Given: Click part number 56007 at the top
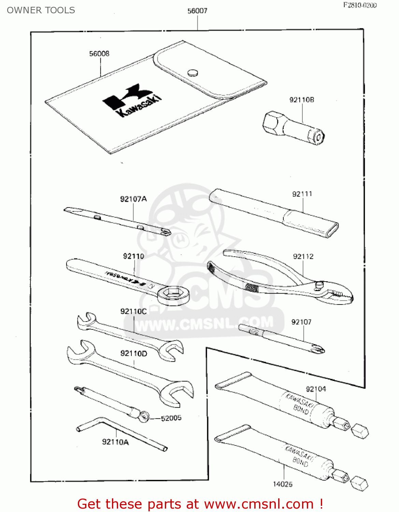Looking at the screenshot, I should click(x=197, y=11).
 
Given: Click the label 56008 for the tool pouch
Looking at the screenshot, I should click(x=99, y=54).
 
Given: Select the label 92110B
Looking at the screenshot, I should click(x=302, y=100).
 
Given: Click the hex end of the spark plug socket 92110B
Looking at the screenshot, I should click(x=272, y=124).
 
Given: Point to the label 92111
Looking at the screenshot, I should click(x=302, y=194).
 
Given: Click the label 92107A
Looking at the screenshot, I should click(x=133, y=199).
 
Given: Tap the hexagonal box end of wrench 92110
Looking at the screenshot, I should click(x=173, y=294).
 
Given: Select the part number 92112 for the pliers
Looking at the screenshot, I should click(x=303, y=256).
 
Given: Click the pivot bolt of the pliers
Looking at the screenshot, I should click(x=319, y=285).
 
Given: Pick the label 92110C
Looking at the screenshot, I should click(x=133, y=311).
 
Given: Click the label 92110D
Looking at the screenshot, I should click(x=133, y=353).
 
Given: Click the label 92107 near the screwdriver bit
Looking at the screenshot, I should click(x=301, y=322).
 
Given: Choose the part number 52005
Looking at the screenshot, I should click(x=171, y=418).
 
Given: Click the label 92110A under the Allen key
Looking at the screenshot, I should click(x=115, y=442).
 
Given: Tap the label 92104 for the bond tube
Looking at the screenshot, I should click(x=316, y=389).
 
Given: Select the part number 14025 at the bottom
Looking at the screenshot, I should click(x=283, y=484).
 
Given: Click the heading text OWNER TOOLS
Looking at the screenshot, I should click(x=41, y=10).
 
